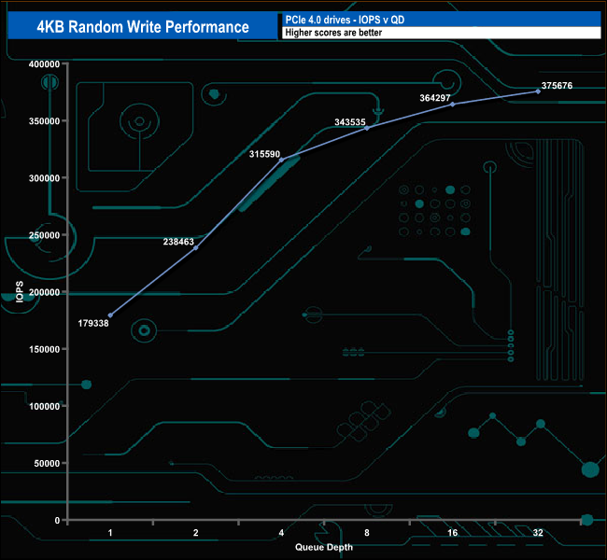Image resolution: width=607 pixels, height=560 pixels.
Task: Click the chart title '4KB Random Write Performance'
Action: [x=143, y=26]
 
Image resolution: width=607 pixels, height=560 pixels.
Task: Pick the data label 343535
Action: [x=356, y=122]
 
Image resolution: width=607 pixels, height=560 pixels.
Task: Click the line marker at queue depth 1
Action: [x=110, y=315]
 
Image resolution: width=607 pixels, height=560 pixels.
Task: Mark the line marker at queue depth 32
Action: [x=538, y=91]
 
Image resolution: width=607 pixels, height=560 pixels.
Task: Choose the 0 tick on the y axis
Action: [x=57, y=520]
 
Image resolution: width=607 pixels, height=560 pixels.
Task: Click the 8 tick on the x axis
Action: [x=367, y=533]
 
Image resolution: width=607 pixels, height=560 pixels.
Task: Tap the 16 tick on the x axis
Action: [x=452, y=533]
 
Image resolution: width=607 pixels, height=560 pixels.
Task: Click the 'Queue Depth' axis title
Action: [x=324, y=547]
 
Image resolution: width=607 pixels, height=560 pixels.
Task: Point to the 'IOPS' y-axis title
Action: [x=20, y=292]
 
